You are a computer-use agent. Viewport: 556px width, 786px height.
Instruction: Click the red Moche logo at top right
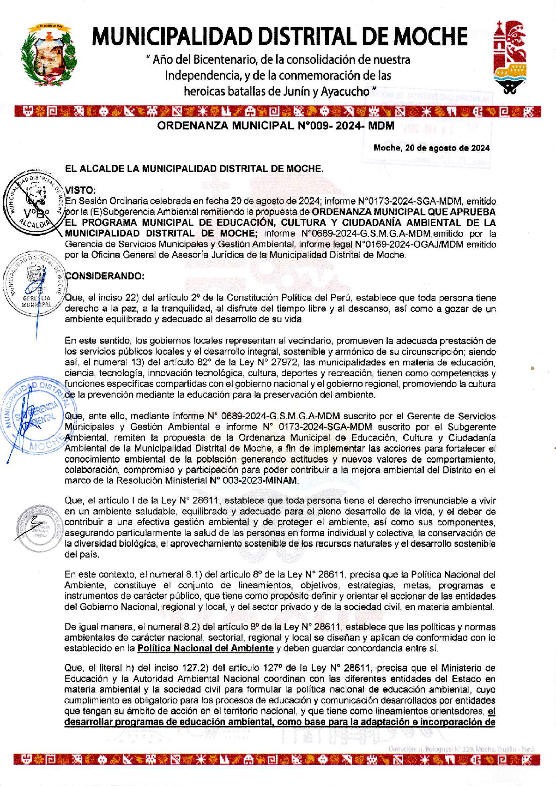[x=510, y=56]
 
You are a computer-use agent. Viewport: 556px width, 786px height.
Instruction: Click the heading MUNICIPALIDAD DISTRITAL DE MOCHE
[x=280, y=36]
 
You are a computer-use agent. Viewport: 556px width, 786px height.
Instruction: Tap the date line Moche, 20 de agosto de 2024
[x=431, y=148]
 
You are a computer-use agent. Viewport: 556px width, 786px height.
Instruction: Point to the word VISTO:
[x=80, y=190]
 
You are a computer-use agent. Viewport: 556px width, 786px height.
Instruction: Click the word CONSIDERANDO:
[x=105, y=276]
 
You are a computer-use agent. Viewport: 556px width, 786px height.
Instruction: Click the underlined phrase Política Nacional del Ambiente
[x=206, y=648]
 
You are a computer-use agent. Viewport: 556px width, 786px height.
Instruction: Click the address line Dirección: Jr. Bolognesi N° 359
[x=460, y=749]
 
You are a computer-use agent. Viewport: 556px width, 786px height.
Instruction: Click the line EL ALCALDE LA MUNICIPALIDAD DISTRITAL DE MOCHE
[x=194, y=169]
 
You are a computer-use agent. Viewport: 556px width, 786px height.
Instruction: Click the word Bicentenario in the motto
[x=224, y=60]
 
